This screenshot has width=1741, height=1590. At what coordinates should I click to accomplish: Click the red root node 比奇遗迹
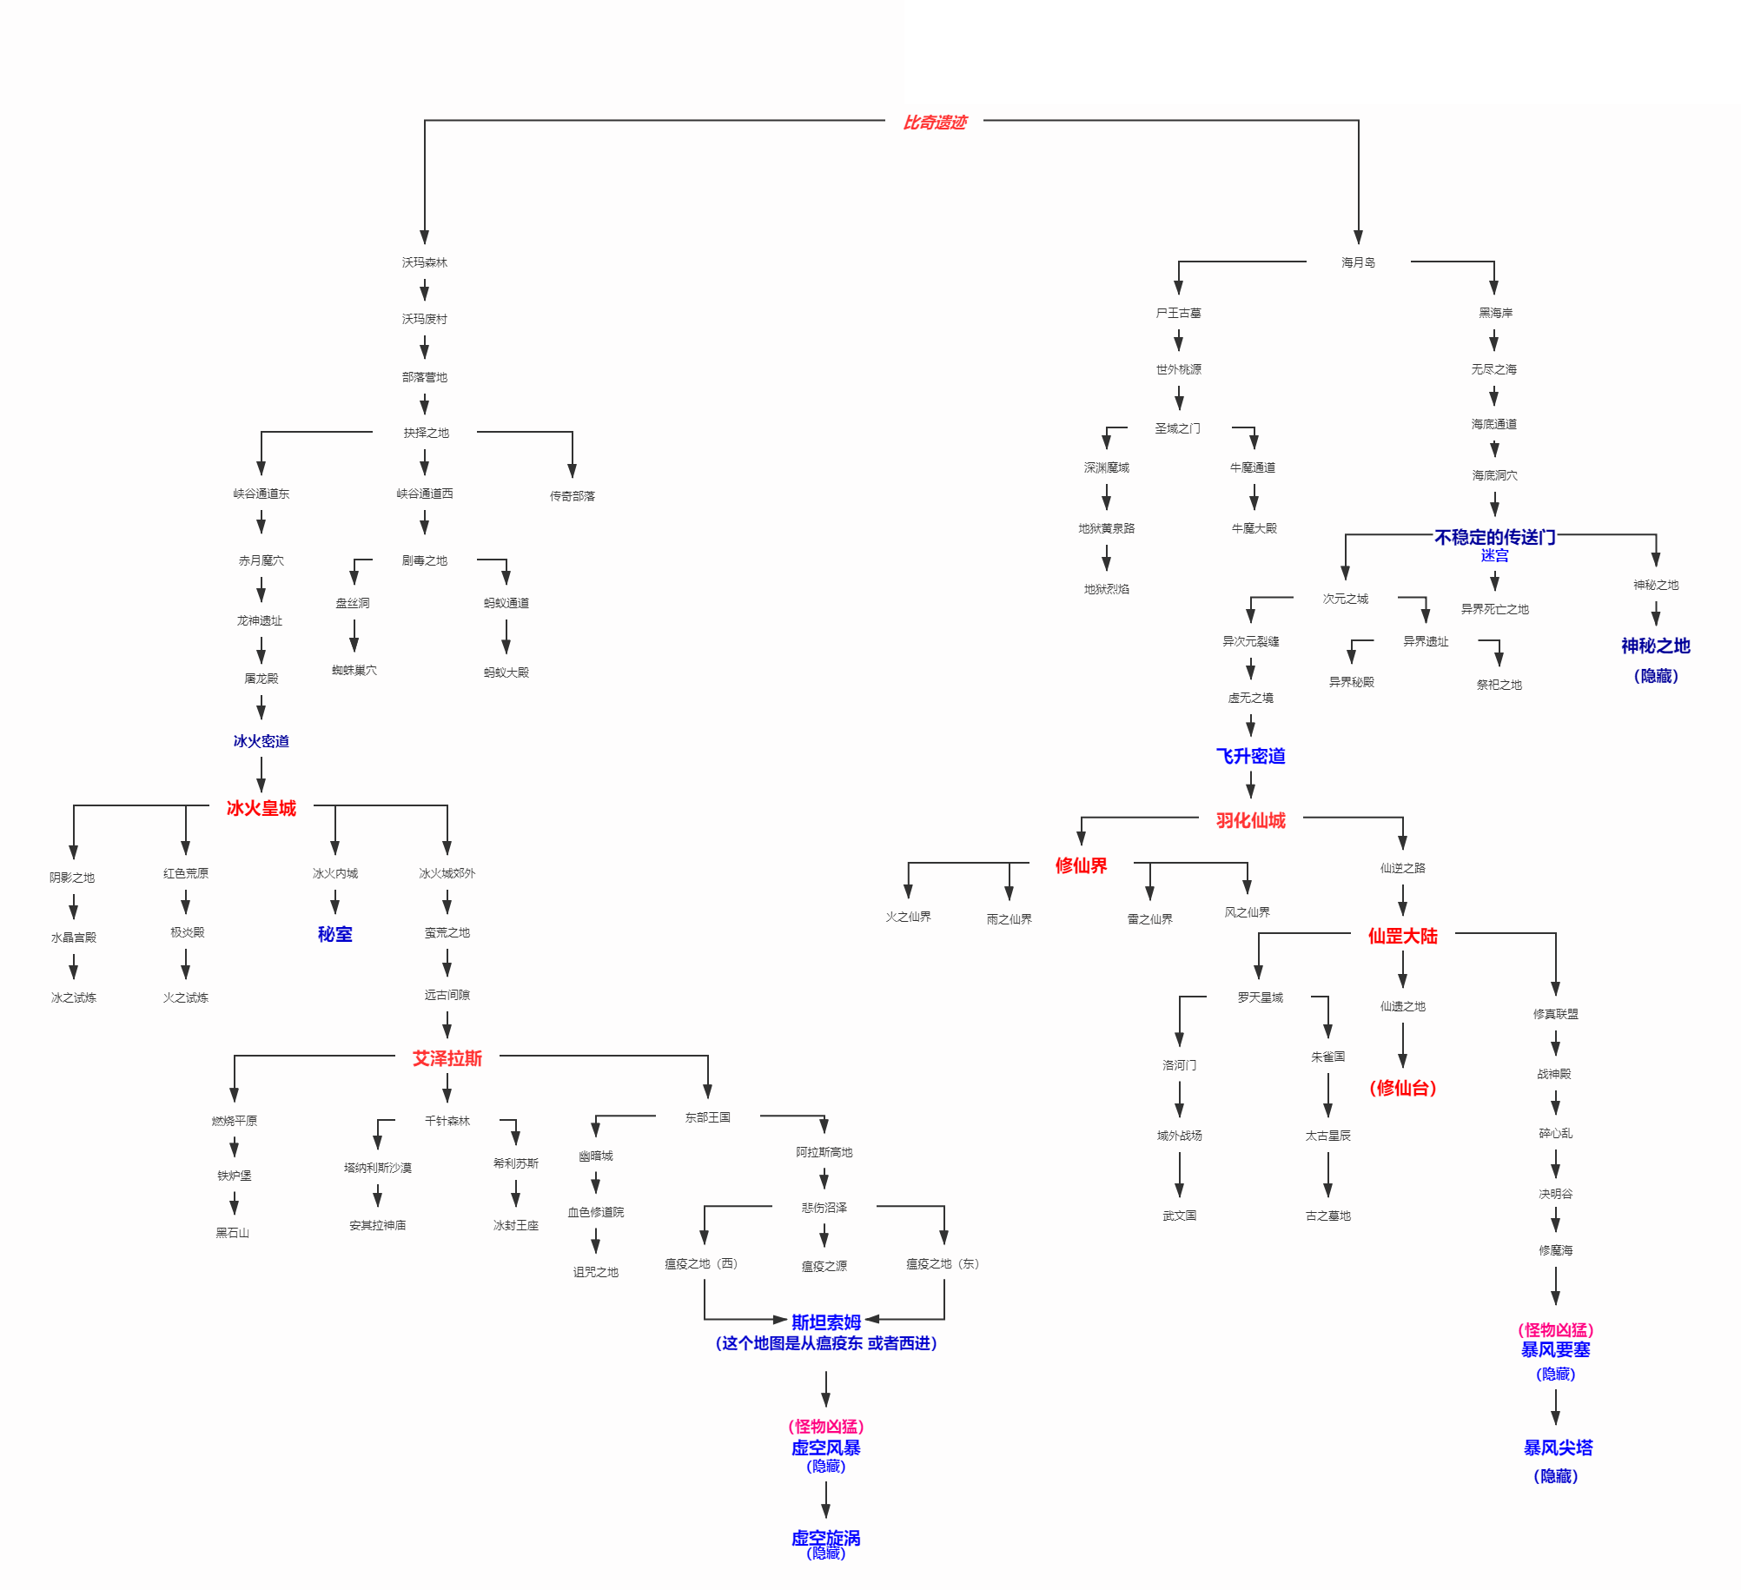935,123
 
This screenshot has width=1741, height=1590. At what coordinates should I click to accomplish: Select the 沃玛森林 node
424,262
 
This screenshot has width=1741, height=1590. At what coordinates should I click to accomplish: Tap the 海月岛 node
1358,262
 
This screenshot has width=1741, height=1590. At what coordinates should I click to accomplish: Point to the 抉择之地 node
426,433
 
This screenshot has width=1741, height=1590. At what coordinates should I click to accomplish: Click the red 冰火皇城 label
261,808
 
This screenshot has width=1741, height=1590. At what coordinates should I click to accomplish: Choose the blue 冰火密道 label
261,741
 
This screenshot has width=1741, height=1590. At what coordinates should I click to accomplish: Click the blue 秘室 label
334,934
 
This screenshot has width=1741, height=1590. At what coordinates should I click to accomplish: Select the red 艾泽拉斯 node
447,1058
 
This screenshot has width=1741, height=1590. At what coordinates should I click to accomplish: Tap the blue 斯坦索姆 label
825,1322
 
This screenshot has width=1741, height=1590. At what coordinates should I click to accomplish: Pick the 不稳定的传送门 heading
1494,537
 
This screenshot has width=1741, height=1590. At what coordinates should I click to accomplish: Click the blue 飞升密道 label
1250,756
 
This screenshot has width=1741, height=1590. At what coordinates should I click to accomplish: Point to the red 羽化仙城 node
1250,820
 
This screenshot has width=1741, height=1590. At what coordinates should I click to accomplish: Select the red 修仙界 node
1081,865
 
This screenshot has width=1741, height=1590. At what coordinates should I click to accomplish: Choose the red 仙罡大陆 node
1402,936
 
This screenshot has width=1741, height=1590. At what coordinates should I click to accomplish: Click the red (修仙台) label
1402,1088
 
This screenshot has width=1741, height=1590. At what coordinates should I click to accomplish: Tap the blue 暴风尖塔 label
1558,1448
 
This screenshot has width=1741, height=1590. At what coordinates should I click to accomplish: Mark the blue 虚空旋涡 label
825,1538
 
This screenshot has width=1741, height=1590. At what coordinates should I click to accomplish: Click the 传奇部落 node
572,496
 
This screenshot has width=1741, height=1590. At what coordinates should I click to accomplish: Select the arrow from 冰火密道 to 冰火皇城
261,774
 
